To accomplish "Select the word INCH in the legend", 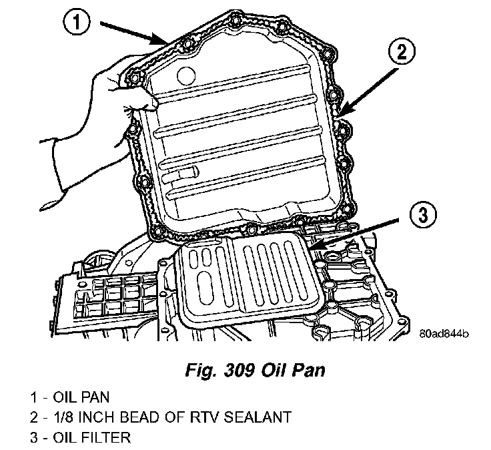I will (x=100, y=418).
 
